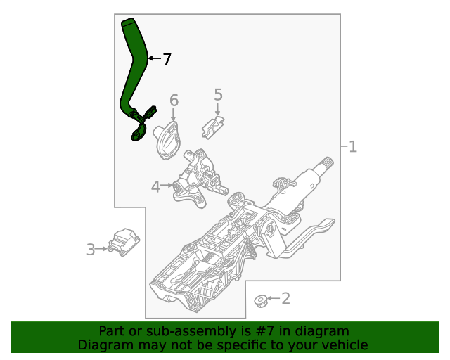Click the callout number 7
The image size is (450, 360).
pyautogui.click(x=167, y=60)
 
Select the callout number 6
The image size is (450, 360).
pyautogui.click(x=174, y=101)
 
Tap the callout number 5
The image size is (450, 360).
pyautogui.click(x=218, y=94)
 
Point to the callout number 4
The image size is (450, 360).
pyautogui.click(x=155, y=186)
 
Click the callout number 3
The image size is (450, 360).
pyautogui.click(x=91, y=248)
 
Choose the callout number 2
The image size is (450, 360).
pyautogui.click(x=285, y=299)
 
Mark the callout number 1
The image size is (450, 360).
pyautogui.click(x=353, y=146)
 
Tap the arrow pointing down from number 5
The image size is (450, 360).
pyautogui.click(x=218, y=109)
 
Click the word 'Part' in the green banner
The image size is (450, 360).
pyautogui.click(x=111, y=331)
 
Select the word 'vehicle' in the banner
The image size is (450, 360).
pyautogui.click(x=345, y=345)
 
